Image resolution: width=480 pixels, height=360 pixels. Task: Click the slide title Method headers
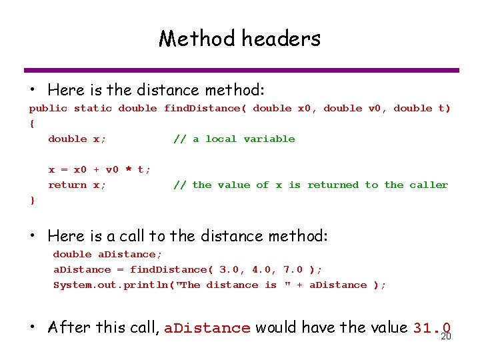point(239,39)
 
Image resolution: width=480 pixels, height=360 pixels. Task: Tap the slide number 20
point(447,337)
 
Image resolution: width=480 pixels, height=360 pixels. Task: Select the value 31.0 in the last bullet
point(432,328)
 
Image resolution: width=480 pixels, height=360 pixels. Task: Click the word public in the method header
point(48,108)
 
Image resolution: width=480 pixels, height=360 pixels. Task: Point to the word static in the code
point(93,108)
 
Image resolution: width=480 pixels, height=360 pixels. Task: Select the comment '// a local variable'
point(234,139)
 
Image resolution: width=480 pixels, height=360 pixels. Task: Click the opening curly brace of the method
point(32,123)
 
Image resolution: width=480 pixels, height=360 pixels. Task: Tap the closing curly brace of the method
point(32,200)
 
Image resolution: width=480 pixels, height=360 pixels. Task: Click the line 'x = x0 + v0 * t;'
point(99,169)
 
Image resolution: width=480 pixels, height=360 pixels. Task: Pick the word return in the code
point(67,185)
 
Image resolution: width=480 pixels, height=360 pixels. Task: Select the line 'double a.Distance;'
point(107,254)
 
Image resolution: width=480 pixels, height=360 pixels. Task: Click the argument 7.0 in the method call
point(293,269)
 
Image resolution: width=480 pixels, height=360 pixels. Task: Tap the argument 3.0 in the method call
point(229,269)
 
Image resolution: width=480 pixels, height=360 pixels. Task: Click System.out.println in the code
point(107,285)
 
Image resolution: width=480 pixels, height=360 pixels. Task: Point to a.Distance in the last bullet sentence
point(207,328)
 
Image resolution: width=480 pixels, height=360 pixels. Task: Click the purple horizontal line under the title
point(241,70)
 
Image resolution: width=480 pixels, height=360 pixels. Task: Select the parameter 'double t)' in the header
point(422,108)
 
